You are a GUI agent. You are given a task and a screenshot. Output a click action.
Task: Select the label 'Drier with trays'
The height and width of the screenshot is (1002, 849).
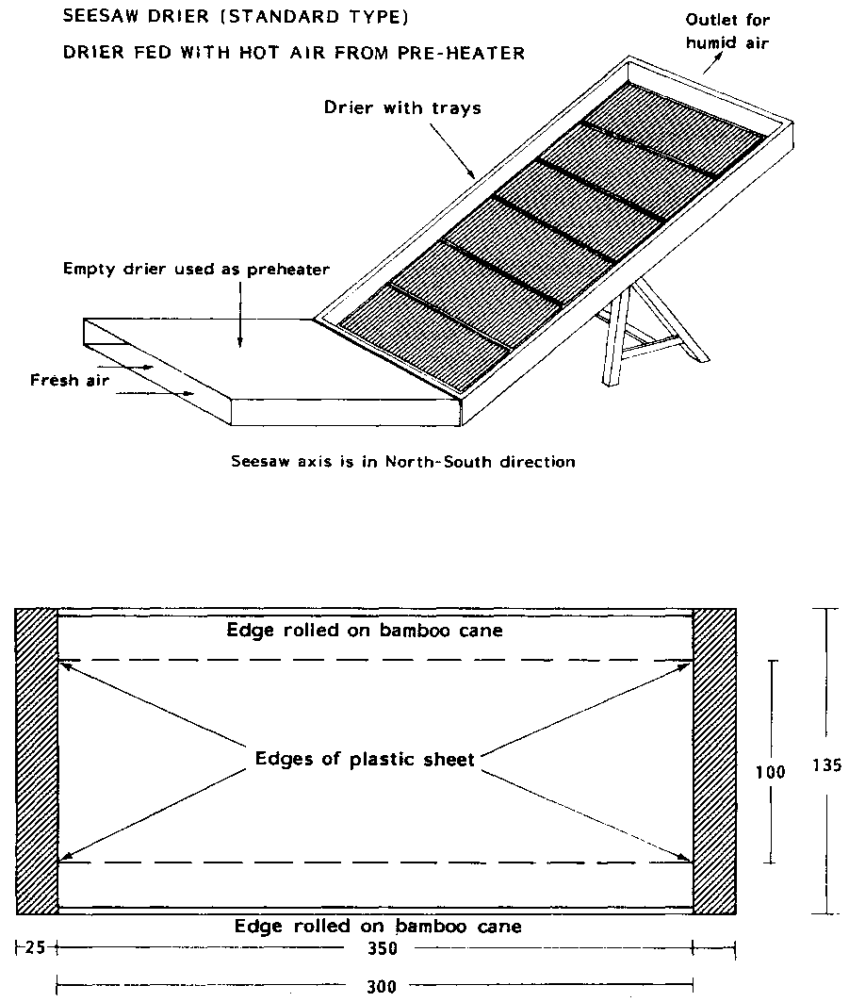402,107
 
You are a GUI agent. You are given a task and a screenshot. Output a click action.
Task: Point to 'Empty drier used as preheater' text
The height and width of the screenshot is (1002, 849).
196,270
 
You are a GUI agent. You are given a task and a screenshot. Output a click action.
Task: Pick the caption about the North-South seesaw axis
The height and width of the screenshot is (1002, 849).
402,462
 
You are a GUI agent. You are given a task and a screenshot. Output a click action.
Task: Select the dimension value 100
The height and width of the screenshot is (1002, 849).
772,771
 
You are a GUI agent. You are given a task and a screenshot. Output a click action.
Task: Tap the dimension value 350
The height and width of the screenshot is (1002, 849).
382,947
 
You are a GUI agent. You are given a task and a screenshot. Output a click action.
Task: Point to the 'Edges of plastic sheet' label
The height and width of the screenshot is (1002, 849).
365,759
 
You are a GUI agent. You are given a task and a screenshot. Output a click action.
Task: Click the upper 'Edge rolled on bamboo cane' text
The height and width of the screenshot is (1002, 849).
365,631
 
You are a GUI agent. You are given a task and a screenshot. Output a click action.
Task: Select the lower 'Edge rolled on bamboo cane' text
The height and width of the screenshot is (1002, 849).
377,927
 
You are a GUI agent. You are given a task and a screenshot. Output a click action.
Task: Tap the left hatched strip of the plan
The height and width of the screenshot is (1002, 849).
38,762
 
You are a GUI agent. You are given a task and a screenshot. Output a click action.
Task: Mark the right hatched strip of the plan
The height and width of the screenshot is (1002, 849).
713,762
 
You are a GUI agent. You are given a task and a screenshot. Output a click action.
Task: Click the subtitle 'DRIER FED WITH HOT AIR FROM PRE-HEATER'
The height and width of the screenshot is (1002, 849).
293,53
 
